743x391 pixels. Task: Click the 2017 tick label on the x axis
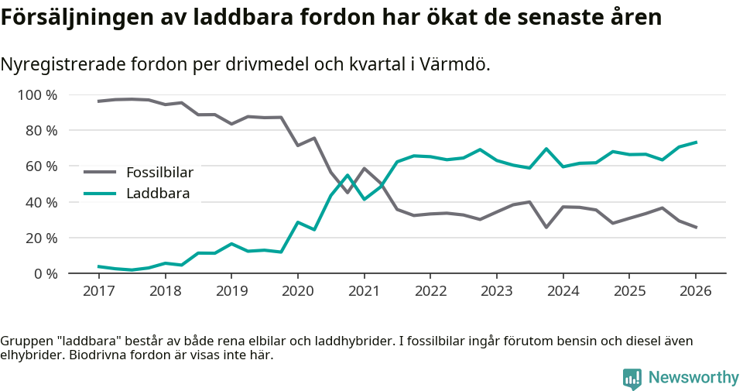[98, 292]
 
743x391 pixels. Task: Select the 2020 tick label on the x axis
[297, 292]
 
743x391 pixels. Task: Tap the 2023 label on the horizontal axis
[496, 292]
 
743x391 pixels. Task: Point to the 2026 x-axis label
[695, 292]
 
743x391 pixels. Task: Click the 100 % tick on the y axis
[37, 95]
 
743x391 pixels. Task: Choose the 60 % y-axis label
[40, 166]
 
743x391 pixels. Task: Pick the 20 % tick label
[40, 238]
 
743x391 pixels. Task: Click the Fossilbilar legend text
[159, 172]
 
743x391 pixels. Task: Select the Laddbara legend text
[158, 193]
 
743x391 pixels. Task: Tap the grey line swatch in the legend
[100, 172]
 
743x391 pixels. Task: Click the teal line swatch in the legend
[100, 193]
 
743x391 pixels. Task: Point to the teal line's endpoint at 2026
[696, 142]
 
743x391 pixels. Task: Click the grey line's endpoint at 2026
[696, 228]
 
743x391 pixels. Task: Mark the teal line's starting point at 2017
[98, 266]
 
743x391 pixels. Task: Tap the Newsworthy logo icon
[632, 378]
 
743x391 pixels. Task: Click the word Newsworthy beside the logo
[693, 378]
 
